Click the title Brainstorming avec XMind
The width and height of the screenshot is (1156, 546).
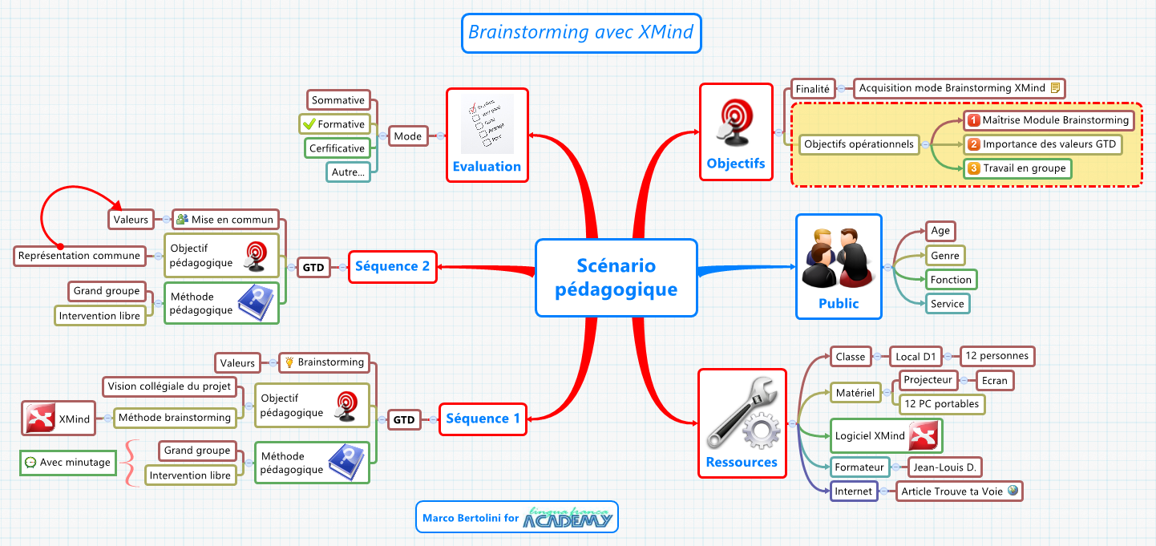[x=581, y=33]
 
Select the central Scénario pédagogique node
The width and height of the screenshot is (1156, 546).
[x=616, y=277]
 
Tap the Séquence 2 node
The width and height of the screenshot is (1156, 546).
[x=393, y=266]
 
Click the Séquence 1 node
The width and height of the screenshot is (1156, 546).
[x=483, y=419]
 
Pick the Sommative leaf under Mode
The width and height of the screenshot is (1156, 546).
[x=338, y=100]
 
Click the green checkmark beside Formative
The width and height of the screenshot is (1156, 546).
[x=309, y=124]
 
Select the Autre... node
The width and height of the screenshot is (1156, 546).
[x=349, y=172]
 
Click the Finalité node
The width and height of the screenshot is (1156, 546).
[x=812, y=89]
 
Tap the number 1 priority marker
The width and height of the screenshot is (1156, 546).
[x=973, y=120]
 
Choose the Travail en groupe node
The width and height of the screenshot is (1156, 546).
[x=1018, y=168]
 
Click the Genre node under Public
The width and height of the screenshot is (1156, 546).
[x=945, y=256]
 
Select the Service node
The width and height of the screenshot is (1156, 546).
[x=947, y=304]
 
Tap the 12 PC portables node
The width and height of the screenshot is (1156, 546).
[x=941, y=404]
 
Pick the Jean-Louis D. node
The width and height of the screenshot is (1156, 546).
[x=946, y=467]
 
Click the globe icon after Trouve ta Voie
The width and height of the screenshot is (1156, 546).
[x=1013, y=491]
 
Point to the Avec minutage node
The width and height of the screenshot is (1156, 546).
[x=67, y=463]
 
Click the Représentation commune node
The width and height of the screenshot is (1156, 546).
[x=79, y=257]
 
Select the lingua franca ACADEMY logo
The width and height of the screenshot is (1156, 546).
[x=568, y=518]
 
